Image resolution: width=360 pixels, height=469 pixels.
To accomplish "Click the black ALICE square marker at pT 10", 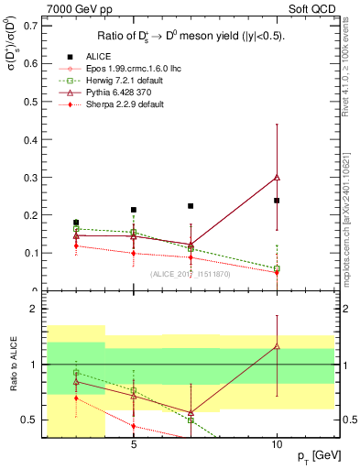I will (x=277, y=200).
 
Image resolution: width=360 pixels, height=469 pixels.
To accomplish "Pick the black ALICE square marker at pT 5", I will (x=134, y=210).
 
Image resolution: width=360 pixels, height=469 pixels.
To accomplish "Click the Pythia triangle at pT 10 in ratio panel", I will (x=277, y=345).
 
